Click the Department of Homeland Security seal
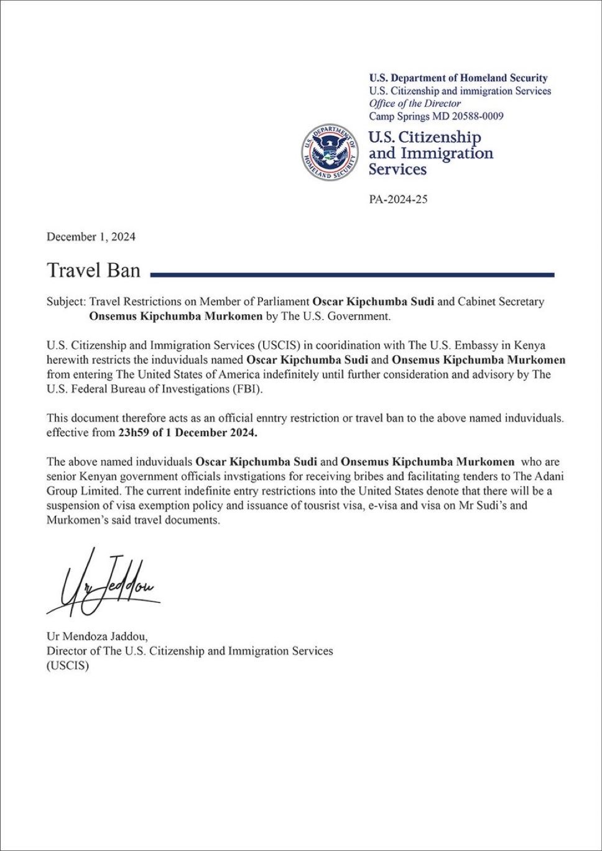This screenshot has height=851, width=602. click(330, 152)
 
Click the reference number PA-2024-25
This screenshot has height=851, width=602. click(398, 200)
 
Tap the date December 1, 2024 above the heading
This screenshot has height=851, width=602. click(91, 236)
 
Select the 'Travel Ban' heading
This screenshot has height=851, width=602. click(93, 271)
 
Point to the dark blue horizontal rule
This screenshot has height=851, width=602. click(352, 274)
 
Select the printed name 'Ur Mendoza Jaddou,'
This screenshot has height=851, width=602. click(98, 636)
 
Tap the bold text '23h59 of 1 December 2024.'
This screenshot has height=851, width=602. click(187, 433)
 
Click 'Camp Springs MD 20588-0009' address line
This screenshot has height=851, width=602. click(436, 116)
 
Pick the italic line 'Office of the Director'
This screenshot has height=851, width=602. click(415, 103)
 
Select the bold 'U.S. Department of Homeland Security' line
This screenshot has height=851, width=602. click(458, 78)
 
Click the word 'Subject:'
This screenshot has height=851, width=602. click(66, 302)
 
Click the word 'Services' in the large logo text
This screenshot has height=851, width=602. click(397, 169)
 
